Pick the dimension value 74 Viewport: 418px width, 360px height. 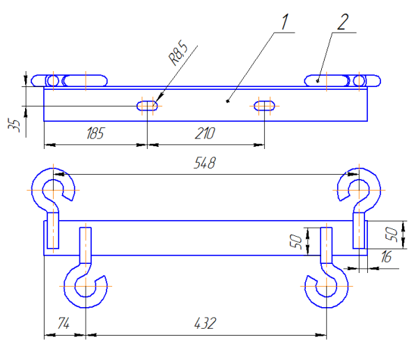pyautogui.click(x=64, y=324)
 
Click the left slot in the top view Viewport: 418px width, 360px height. pyautogui.click(x=147, y=106)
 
